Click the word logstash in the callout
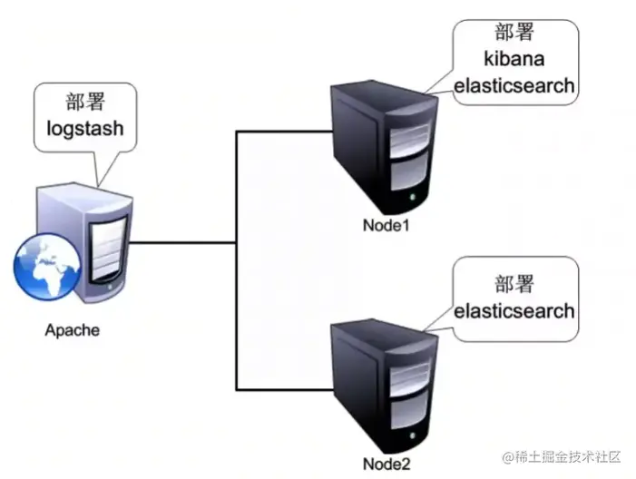pyautogui.click(x=84, y=131)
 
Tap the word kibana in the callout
pyautogui.click(x=514, y=60)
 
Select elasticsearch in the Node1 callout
pyautogui.click(x=514, y=86)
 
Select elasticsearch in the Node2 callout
pyautogui.click(x=514, y=310)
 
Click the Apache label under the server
pyautogui.click(x=73, y=329)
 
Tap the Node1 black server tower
pyautogui.click(x=382, y=145)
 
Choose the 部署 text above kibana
pyautogui.click(x=514, y=34)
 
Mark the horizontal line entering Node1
pyautogui.click(x=281, y=132)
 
